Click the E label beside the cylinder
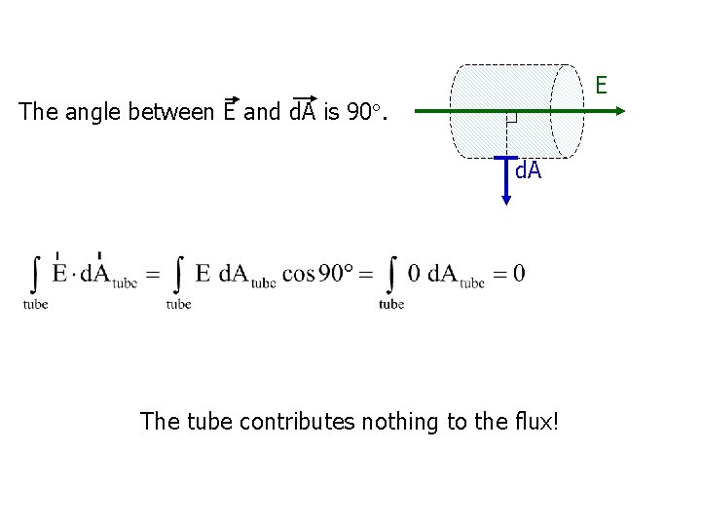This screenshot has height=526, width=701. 602,86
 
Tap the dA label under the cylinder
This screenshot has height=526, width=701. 528,171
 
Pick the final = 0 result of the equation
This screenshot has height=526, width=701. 507,274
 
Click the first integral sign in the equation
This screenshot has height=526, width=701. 36,274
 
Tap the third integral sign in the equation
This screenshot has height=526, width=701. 391,274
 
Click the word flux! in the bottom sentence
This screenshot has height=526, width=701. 534,422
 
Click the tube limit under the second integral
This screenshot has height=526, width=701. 178,304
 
